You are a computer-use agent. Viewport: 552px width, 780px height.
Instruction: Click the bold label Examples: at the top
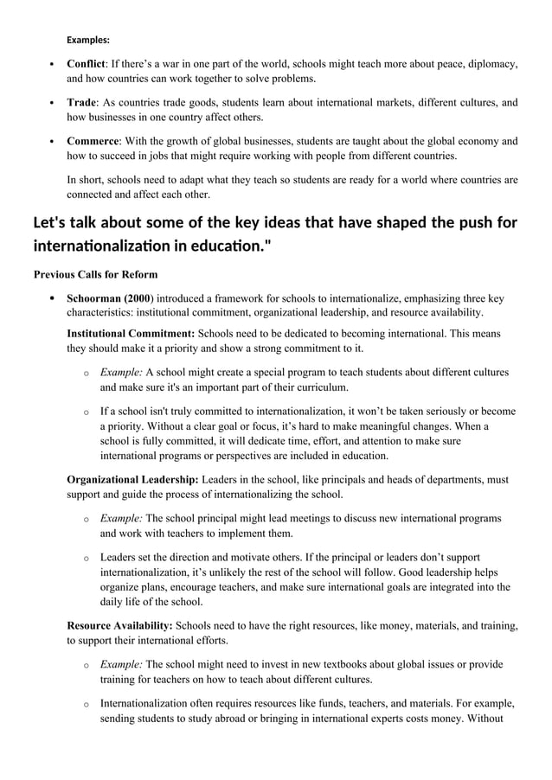[88, 40]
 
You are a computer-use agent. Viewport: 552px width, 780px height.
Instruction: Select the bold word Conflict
[86, 64]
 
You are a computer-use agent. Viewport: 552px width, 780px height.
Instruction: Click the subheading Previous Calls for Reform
[95, 275]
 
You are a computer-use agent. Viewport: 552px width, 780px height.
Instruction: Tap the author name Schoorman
[94, 298]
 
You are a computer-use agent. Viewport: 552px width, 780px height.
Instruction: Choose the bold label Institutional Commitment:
[131, 333]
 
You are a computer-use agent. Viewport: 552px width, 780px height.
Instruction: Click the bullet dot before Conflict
[53, 65]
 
